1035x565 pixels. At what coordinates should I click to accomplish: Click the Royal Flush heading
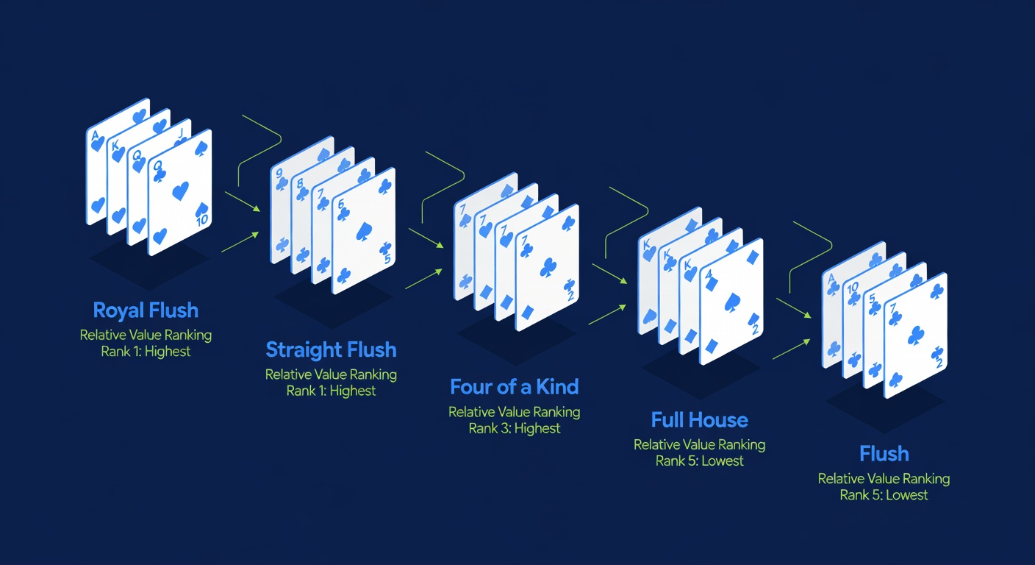pos(146,310)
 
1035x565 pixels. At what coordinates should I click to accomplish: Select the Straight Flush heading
pos(331,349)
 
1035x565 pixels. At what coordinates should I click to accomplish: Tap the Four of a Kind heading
pos(515,386)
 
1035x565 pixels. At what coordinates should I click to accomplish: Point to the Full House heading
pos(700,420)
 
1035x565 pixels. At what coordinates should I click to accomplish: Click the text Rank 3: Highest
pos(515,428)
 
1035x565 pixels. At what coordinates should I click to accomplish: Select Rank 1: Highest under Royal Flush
pos(146,352)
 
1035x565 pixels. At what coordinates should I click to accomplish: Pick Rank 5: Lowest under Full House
pos(700,461)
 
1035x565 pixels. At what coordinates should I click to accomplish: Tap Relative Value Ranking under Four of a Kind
pos(515,411)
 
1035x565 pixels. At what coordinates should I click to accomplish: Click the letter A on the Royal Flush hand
pos(96,136)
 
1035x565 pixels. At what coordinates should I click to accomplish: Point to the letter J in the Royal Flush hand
pos(181,133)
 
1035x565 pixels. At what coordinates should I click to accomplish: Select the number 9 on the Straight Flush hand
pos(279,174)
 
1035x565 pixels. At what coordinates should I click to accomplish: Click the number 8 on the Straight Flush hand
pos(299,184)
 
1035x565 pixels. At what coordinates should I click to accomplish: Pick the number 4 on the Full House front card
pos(709,274)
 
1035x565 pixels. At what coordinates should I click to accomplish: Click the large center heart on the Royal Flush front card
pos(180,191)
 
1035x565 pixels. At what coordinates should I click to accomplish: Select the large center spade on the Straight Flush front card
pos(365,232)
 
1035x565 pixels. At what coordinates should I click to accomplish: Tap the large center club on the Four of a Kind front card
pos(548,267)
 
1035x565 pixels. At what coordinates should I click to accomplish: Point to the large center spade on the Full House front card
pos(732,302)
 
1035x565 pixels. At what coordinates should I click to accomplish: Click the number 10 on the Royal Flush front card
pos(202,220)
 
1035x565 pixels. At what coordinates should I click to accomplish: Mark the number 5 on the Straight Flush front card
pos(387,259)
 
